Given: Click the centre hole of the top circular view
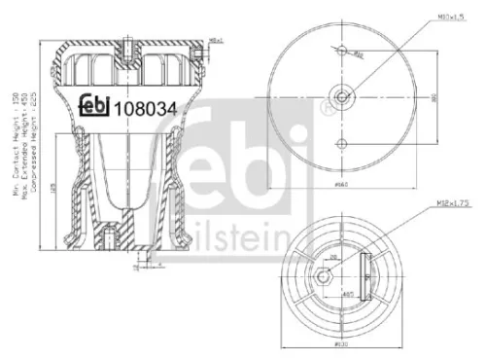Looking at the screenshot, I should (x=340, y=94).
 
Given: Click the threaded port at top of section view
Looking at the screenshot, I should (x=126, y=46).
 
